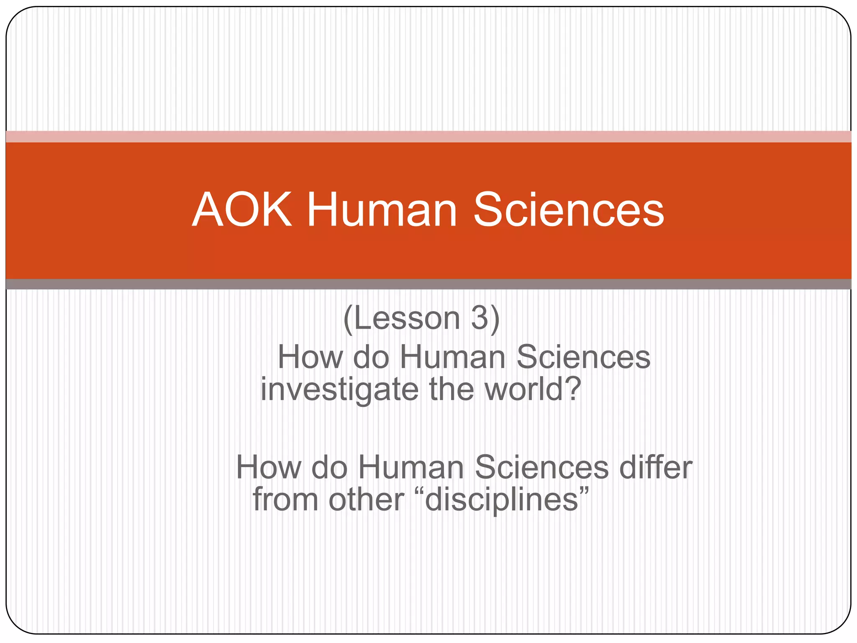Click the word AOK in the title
click(x=242, y=210)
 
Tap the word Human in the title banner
click(x=382, y=210)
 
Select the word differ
click(x=655, y=467)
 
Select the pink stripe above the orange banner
click(x=428, y=136)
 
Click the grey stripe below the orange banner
click(x=428, y=284)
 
